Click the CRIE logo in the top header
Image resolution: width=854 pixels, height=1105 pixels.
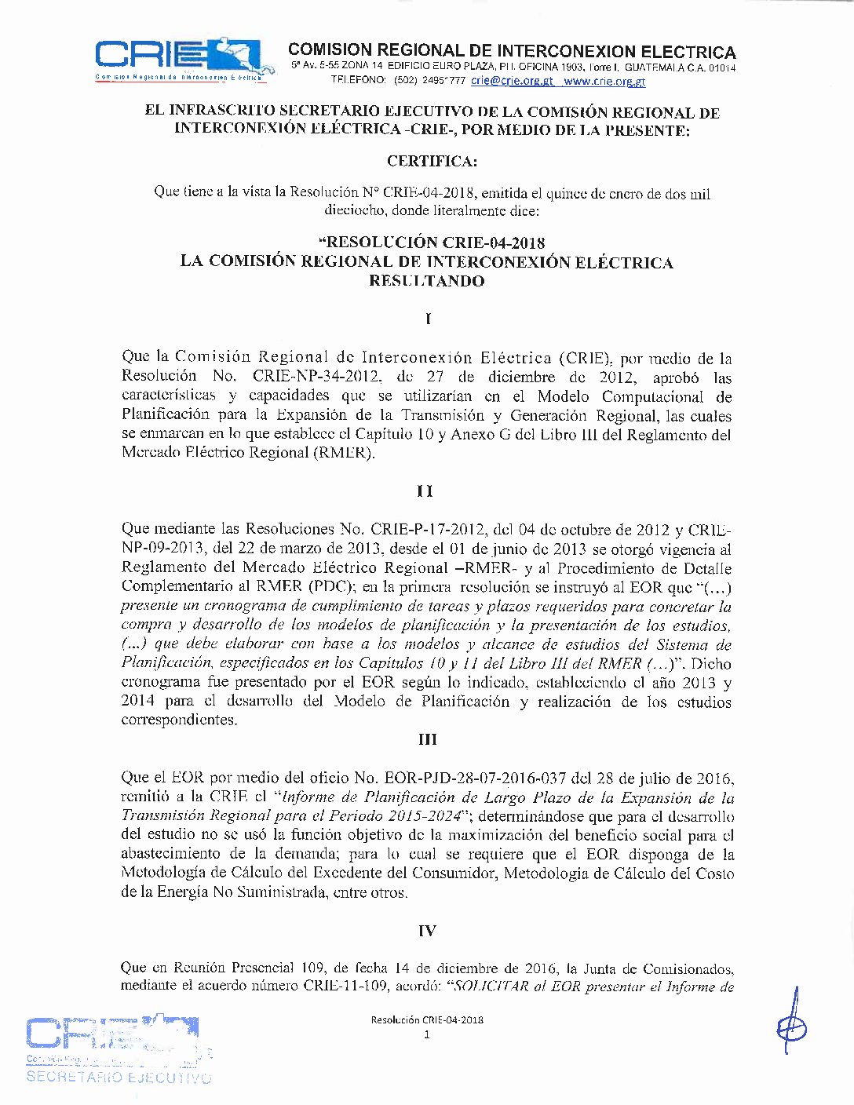[x=183, y=58]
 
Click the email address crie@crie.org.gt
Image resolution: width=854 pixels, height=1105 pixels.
[x=512, y=81]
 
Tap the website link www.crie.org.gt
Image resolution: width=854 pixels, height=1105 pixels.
[x=604, y=81]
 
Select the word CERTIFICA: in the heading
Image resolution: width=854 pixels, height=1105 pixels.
[x=432, y=162]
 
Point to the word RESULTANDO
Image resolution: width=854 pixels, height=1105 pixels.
[x=427, y=281]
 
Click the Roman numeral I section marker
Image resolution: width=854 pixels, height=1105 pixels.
[x=428, y=319]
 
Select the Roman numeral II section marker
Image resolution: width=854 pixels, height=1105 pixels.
[x=425, y=491]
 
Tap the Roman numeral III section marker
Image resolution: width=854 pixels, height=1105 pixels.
[x=427, y=739]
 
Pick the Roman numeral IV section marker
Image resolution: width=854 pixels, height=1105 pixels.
[x=427, y=931]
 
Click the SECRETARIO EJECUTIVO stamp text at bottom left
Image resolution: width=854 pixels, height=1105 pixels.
[x=119, y=1078]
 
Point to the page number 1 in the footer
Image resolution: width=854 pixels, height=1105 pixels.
[x=427, y=1034]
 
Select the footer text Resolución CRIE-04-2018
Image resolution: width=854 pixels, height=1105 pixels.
[x=427, y=1020]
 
